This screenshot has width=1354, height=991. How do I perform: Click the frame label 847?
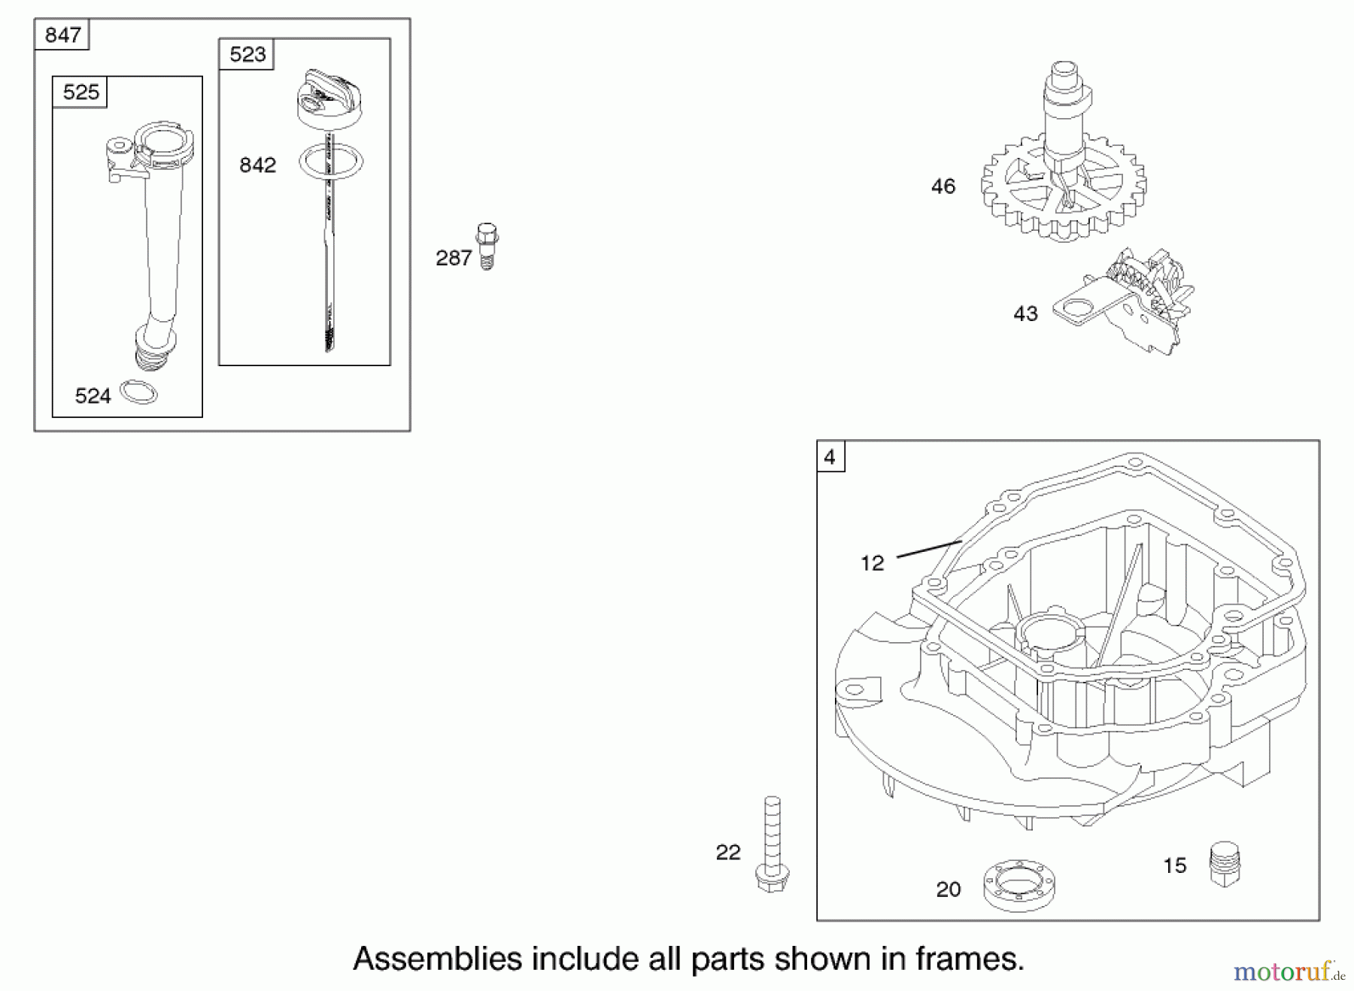coord(62,35)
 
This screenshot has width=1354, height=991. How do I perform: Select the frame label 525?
coord(80,92)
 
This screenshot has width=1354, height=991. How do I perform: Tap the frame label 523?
coord(247,54)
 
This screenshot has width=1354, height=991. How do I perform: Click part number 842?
coord(257,165)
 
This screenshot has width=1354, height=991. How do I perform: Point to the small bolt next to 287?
coord(487,246)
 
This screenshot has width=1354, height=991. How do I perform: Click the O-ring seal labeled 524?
coord(138,392)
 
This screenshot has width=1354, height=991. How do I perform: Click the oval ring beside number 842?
coord(331,162)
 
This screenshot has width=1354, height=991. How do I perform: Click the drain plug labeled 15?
coord(1224,864)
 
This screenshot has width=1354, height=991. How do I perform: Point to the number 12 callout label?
coord(873,563)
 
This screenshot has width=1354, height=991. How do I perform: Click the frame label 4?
coord(830,457)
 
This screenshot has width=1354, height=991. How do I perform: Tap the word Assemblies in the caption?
coord(438,959)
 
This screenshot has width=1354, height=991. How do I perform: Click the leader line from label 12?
coord(930,549)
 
